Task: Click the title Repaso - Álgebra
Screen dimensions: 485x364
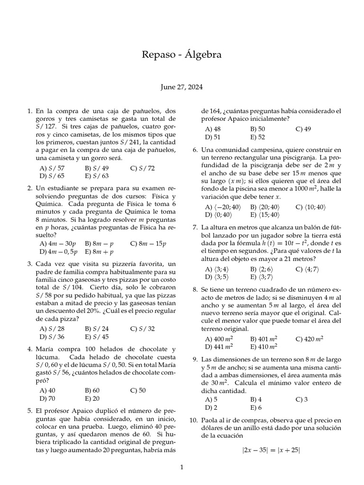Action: pos(182,55)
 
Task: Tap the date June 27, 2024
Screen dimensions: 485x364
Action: pos(182,87)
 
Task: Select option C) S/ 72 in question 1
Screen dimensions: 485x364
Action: pos(142,168)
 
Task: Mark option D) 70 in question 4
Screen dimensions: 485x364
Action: pos(47,398)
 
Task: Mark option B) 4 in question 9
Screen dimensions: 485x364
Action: pos(255,399)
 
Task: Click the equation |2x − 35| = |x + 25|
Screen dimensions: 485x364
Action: pos(271,450)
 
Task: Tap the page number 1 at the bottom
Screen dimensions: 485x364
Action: pos(182,468)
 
